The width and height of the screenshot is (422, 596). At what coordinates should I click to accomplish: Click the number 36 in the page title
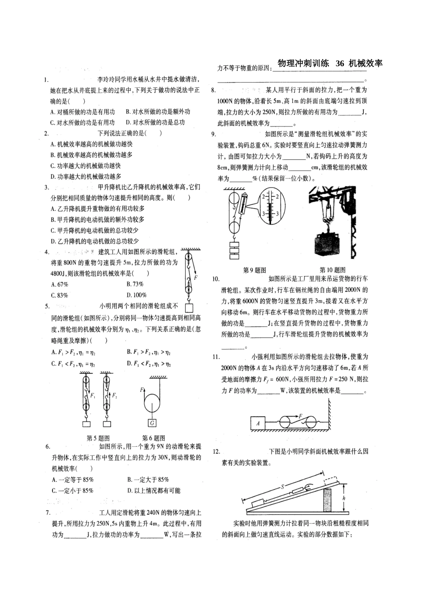(x=339, y=64)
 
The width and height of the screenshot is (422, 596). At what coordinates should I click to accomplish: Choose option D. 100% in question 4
(x=136, y=295)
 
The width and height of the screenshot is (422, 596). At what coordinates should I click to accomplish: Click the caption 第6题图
(x=153, y=438)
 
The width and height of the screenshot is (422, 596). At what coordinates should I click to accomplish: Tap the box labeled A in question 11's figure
(x=258, y=423)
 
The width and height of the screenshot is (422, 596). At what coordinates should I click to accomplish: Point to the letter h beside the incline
(x=344, y=498)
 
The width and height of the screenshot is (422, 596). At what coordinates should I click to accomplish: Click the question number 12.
(x=216, y=452)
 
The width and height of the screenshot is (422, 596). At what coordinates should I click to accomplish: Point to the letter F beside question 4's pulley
(x=195, y=278)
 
